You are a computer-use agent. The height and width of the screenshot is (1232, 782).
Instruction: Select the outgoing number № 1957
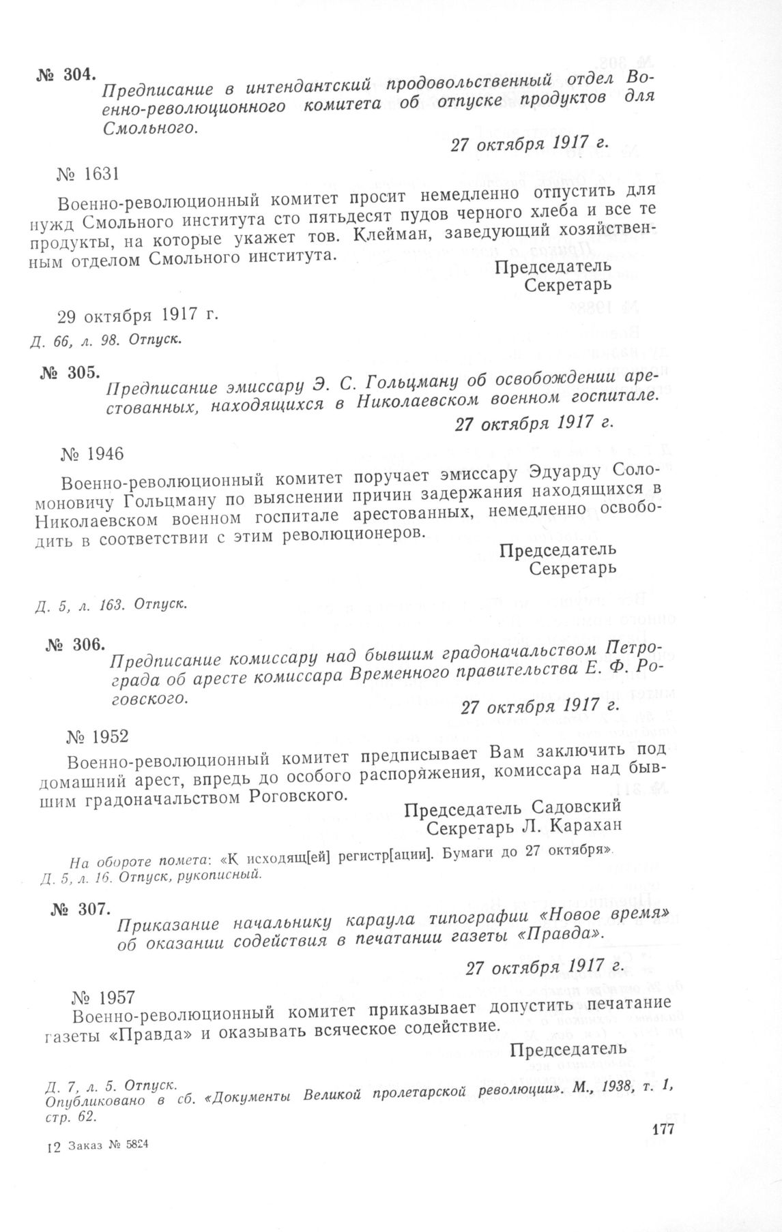pyautogui.click(x=102, y=999)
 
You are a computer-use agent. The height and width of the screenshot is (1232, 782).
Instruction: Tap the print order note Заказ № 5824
pyautogui.click(x=106, y=1146)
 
